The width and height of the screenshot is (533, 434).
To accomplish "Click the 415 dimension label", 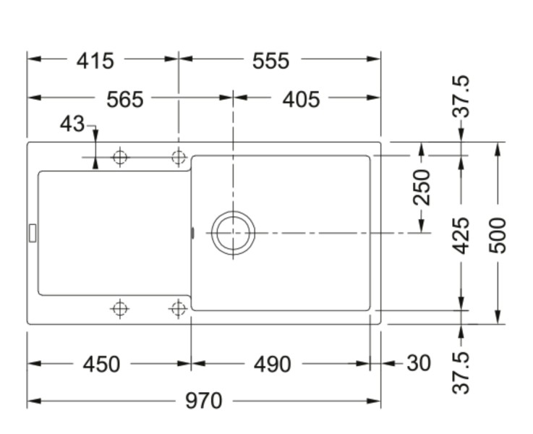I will pos(95,61).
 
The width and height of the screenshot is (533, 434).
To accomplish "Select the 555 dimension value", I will pos(270,61).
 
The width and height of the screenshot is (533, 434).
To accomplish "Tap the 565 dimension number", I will pos(125,98).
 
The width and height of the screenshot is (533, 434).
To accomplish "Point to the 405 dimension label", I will pos(301,98).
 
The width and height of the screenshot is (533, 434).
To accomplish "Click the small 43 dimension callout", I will pos(72,124).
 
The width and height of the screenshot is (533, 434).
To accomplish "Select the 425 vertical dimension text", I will pos(461,236).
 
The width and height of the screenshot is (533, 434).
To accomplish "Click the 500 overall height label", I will pos(498,234).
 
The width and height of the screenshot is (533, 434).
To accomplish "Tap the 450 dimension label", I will pos(101,364).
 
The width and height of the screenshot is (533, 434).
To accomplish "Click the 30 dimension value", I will pos(419,363).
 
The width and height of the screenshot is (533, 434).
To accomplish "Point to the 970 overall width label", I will pos(203,400).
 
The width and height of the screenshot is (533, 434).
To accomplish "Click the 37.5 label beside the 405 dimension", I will pos(461,96).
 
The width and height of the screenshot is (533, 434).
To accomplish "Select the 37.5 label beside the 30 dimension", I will pos(461,373).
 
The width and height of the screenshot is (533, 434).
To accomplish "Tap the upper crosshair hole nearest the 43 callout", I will pos(120,158).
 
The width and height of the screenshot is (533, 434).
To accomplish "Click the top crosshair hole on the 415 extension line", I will pos(178,158).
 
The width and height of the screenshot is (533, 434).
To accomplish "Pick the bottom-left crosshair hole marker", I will pos(120,309).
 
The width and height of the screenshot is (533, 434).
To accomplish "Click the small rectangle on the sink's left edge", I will pos(32,231).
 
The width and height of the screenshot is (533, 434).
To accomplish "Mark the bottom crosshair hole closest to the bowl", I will pos(178,309).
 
